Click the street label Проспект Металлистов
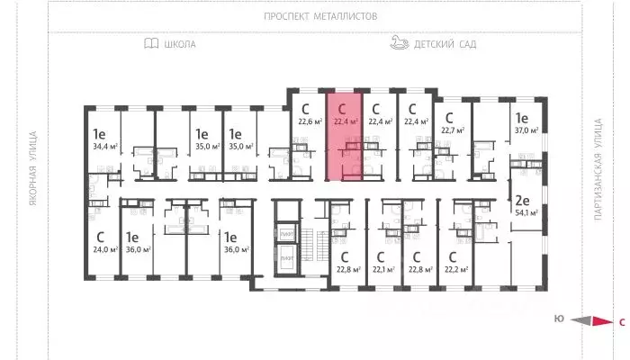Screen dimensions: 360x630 pyautogui.click(x=320, y=16)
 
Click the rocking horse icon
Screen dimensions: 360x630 pyautogui.click(x=400, y=42)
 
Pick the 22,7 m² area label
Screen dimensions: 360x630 pyautogui.click(x=451, y=130)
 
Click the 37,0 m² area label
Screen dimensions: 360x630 pyautogui.click(x=525, y=130)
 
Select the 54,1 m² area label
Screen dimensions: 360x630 pyautogui.click(x=525, y=213)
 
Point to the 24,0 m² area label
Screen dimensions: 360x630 pyautogui.click(x=104, y=249)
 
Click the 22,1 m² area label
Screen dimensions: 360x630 pyautogui.click(x=384, y=269)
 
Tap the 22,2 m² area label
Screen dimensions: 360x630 pyautogui.click(x=456, y=269)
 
